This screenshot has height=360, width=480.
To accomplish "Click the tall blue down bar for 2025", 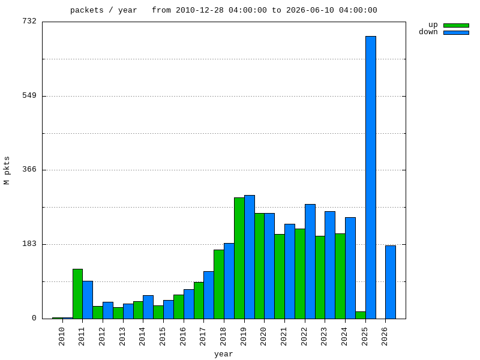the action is tap(371, 178).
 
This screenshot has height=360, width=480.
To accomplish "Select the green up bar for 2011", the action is tap(78, 294).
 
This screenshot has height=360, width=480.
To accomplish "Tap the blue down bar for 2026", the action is tap(391, 282).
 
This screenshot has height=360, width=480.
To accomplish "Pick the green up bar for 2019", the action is tap(239, 258).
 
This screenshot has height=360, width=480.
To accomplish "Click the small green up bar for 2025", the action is tap(361, 316).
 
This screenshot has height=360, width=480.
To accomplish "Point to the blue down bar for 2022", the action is tap(310, 262).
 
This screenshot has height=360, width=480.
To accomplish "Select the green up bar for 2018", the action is tap(219, 284).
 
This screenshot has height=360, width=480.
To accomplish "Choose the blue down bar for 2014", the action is tap(148, 307).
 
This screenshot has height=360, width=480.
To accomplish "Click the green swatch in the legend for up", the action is tap(456, 25).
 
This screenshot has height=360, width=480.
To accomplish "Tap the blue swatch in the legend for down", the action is tap(456, 32).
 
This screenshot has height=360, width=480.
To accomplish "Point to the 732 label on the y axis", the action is tap(29, 21).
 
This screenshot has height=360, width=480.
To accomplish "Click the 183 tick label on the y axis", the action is tap(29, 244).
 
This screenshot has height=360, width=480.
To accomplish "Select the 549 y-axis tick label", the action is tap(29, 96).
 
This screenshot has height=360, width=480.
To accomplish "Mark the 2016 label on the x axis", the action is tap(183, 337).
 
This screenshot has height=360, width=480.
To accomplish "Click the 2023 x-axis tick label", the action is tap(324, 337).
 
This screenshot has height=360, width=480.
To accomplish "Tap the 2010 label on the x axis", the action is tap(62, 337).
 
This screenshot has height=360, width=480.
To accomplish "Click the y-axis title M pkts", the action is tap(7, 170).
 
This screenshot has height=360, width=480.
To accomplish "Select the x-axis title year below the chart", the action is tap(223, 355).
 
